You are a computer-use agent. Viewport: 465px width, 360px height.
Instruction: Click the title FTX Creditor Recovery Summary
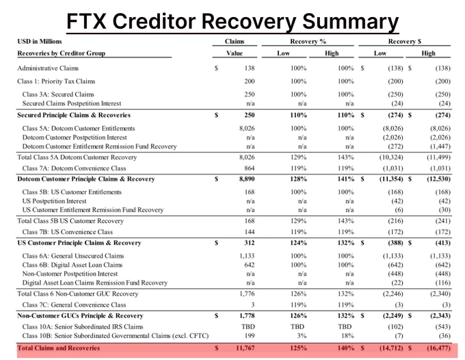(x=232, y=21)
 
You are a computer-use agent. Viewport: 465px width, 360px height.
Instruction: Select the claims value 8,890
(x=237, y=179)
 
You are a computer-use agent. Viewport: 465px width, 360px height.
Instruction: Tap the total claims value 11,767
(x=236, y=348)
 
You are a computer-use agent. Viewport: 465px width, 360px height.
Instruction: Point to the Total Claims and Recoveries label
(x=58, y=348)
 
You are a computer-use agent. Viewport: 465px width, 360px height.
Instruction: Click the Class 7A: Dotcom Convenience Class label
(x=75, y=168)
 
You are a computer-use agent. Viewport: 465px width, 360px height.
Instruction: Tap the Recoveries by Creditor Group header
(x=61, y=53)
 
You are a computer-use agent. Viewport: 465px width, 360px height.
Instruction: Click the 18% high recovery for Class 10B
(x=348, y=335)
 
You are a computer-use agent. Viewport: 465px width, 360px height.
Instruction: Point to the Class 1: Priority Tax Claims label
(x=56, y=81)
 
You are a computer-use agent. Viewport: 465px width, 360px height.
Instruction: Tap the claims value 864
(x=240, y=168)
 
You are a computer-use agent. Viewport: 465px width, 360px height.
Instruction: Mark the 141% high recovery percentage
(x=347, y=179)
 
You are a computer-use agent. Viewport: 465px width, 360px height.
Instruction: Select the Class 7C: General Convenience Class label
(x=75, y=305)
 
